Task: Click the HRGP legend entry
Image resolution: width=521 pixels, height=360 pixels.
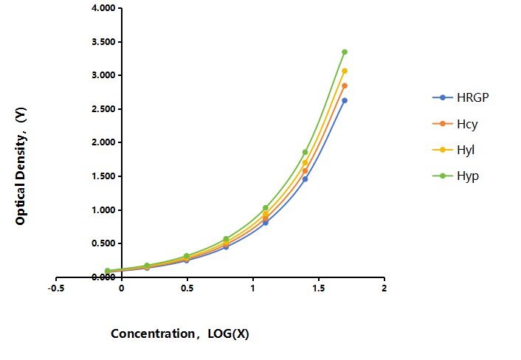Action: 460,97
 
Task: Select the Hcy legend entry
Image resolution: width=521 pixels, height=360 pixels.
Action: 455,124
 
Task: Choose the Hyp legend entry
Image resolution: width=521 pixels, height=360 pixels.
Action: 455,176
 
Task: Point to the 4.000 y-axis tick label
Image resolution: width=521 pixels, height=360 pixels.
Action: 103,7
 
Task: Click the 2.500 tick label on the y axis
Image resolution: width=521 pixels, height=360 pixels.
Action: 103,109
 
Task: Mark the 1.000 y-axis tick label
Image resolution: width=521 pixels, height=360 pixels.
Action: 103,210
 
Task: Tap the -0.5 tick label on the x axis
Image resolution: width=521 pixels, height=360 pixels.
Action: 56,288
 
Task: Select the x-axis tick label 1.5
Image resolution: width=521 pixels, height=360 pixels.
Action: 318,288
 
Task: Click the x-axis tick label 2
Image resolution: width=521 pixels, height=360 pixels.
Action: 384,288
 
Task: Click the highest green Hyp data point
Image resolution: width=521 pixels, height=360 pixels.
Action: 345,52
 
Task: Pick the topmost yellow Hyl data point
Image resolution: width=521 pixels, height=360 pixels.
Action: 345,71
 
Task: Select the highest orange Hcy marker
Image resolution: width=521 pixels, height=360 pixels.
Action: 345,86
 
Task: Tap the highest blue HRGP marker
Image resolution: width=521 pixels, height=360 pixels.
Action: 345,100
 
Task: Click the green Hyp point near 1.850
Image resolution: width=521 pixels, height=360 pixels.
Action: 305,152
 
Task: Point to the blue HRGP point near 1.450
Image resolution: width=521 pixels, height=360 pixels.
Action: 305,179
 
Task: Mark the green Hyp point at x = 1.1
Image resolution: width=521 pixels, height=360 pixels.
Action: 266,207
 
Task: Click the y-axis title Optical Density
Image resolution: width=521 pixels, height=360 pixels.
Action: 21,166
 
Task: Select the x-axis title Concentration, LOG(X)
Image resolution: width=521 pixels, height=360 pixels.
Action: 180,333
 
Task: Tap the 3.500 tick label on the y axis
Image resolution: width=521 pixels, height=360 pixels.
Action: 103,41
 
